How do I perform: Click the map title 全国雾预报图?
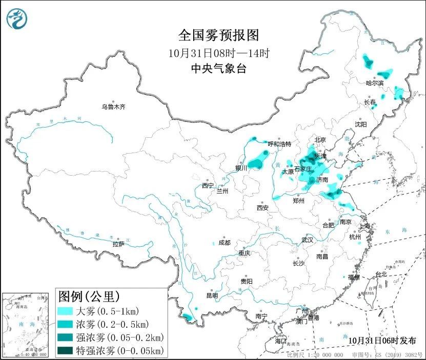(x=219, y=35)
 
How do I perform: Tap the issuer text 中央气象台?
(x=219, y=68)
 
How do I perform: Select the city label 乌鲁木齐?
(x=113, y=107)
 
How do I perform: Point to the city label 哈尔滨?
(x=374, y=82)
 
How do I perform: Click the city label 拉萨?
(x=118, y=244)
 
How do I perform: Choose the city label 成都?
(x=224, y=243)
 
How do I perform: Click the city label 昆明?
(x=212, y=295)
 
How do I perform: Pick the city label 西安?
(x=263, y=208)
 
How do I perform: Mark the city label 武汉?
(x=308, y=240)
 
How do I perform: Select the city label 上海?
(x=366, y=226)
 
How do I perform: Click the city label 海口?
(x=281, y=341)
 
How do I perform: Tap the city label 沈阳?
(x=361, y=124)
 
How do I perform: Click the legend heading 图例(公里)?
(x=89, y=297)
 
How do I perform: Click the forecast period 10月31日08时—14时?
(x=219, y=52)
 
